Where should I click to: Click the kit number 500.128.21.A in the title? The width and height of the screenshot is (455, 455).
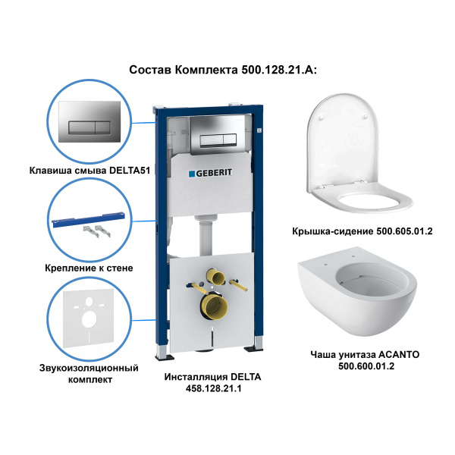tap(279, 70)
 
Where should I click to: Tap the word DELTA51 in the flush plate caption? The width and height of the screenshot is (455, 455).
tap(130, 171)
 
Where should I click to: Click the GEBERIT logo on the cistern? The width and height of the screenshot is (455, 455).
tap(210, 173)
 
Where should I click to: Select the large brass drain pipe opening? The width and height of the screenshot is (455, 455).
tap(214, 307)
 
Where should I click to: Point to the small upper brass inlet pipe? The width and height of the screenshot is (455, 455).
tap(216, 276)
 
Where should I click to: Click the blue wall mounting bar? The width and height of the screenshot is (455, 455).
tap(89, 220)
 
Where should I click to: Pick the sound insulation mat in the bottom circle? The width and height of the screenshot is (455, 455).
tap(89, 319)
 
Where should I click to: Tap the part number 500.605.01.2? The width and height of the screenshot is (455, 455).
tap(404, 231)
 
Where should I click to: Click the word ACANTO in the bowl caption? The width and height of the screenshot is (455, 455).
tap(399, 355)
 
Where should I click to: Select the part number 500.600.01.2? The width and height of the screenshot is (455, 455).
tap(366, 366)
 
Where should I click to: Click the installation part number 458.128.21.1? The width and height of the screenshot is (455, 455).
tap(213, 388)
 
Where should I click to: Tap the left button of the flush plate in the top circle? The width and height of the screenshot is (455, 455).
tap(82, 127)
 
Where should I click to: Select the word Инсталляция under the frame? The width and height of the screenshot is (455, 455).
tap(196, 377)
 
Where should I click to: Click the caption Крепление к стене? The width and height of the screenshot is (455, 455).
tap(89, 268)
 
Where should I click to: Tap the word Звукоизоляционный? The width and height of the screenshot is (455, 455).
tap(89, 369)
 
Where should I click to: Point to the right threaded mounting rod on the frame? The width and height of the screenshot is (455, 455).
tap(238, 285)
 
